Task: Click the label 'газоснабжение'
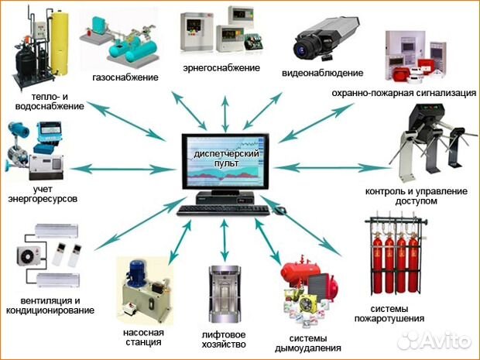click(x=125, y=77)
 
